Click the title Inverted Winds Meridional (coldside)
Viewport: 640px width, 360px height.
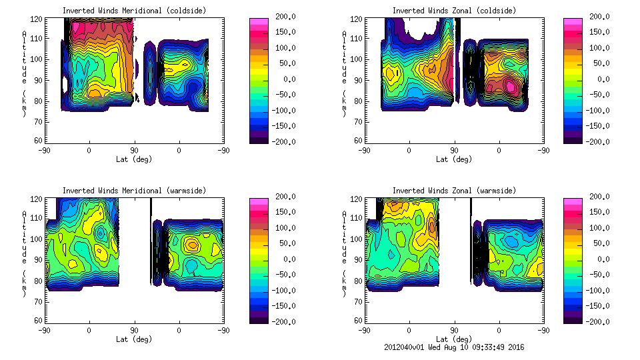click(x=134, y=11)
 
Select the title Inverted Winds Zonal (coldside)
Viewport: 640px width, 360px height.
click(x=454, y=11)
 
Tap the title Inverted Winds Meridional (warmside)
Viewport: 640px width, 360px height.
click(x=134, y=191)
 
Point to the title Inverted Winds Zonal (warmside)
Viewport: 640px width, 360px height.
click(x=454, y=191)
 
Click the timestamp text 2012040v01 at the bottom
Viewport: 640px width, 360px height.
click(x=407, y=347)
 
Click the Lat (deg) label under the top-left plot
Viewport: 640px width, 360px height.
click(x=134, y=159)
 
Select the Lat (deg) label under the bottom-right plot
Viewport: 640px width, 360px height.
click(x=454, y=339)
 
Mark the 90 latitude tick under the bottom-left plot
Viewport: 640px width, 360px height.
click(x=134, y=330)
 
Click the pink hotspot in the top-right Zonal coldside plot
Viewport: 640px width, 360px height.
click(x=511, y=86)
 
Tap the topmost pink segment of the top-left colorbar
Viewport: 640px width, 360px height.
click(x=258, y=21)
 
